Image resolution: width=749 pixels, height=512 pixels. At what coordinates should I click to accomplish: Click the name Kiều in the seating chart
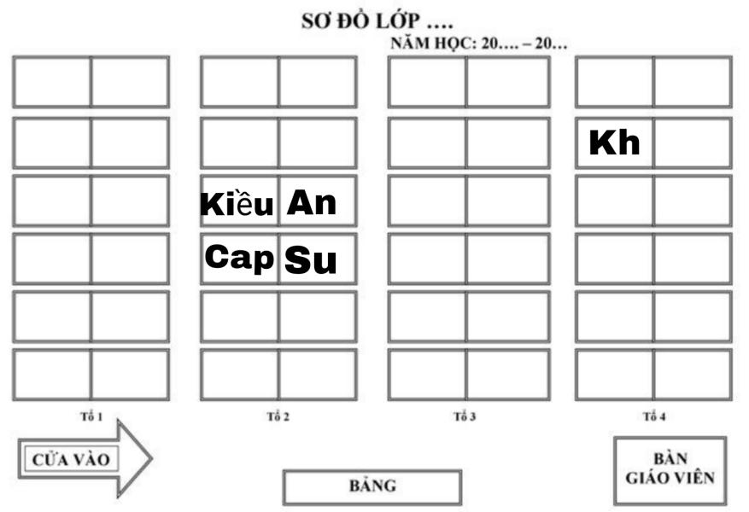[237, 205]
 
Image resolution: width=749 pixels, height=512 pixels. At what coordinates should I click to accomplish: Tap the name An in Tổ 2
[312, 203]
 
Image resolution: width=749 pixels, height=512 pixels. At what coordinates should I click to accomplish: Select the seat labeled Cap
[239, 257]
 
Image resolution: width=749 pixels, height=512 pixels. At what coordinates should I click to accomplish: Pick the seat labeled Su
[311, 260]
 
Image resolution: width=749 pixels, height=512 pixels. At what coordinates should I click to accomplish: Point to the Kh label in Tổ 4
[614, 143]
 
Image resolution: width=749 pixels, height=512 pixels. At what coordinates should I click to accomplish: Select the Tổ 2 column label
[278, 416]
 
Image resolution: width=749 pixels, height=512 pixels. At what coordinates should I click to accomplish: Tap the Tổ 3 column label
[465, 416]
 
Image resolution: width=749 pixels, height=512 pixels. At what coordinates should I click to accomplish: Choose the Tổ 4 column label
[653, 416]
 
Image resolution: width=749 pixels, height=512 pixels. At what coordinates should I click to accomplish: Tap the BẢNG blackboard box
[372, 486]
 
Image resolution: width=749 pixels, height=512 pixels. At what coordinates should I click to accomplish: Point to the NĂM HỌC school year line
[478, 44]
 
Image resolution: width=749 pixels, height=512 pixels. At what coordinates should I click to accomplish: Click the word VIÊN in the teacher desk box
[693, 478]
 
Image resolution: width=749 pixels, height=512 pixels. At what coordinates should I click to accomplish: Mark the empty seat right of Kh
[692, 143]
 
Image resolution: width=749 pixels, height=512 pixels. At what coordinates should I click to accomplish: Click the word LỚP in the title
[401, 21]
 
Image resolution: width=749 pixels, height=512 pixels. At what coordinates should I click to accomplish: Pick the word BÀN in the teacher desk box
[670, 458]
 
